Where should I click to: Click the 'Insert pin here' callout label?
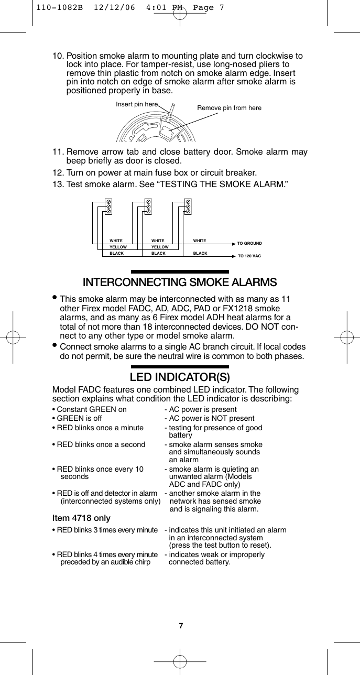pyautogui.click(x=137, y=104)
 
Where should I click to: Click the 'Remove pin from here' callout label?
pyautogui.click(x=229, y=108)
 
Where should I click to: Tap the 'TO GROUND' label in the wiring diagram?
pyautogui.click(x=249, y=244)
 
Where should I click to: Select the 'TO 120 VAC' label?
pyautogui.click(x=249, y=256)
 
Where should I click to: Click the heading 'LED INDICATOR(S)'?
pyautogui.click(x=180, y=377)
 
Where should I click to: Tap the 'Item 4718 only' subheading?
pyautogui.click(x=81, y=518)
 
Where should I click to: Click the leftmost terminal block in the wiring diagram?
pyautogui.click(x=108, y=206)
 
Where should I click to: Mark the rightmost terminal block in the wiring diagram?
pyautogui.click(x=188, y=206)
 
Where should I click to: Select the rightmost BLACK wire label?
pyautogui.click(x=200, y=253)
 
